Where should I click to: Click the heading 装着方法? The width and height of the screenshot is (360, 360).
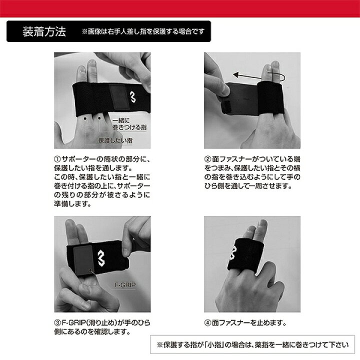44,31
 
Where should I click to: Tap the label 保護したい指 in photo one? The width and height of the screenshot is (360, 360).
115,140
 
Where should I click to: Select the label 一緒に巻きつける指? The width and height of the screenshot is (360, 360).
129,124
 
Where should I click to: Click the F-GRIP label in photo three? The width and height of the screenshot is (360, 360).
125,285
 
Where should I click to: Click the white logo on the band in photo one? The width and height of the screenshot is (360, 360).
132,96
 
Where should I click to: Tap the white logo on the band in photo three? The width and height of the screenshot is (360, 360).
101,258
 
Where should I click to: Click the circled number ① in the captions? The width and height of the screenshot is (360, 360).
57,159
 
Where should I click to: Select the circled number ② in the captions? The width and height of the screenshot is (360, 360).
207,159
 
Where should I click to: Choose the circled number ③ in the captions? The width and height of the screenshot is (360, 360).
57,323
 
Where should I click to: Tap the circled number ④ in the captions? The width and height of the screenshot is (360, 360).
207,323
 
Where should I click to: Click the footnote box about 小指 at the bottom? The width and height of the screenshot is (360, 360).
252,344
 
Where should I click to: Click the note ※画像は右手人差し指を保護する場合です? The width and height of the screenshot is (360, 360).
143,31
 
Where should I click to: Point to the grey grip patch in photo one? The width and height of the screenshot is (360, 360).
119,96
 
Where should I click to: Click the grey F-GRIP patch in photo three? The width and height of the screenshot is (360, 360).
83,260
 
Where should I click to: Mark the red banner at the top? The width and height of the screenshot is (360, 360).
180,8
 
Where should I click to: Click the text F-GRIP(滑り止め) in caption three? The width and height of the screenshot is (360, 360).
89,323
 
